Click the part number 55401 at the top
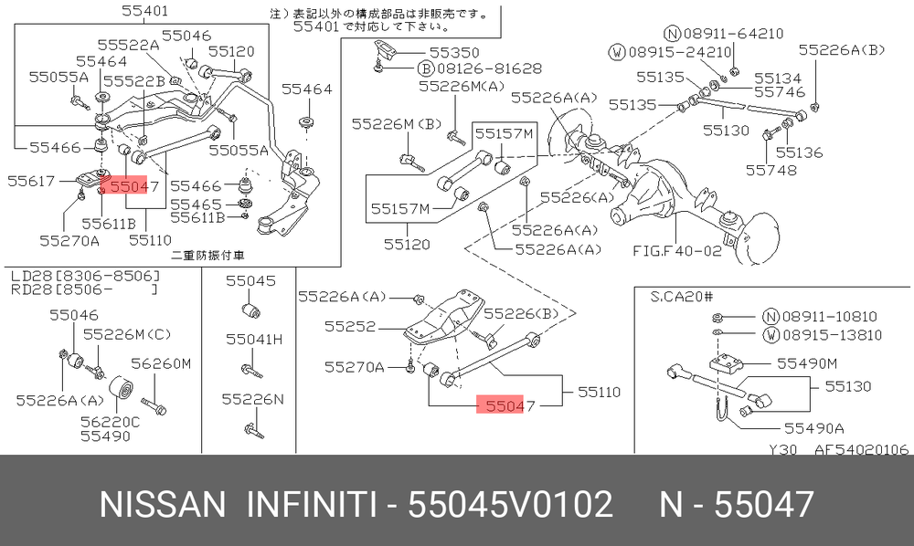pos(145,10)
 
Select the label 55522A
pos(128,45)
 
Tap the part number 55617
pos(31,181)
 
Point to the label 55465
pos(196,205)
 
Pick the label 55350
pos(454,52)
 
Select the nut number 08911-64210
pos(733,34)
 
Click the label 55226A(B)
pos(842,50)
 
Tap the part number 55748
pos(771,170)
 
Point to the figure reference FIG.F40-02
pos(676,251)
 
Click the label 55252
pos(350,326)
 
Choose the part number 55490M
pos(807,363)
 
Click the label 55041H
pos(253,340)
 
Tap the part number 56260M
pos(161,363)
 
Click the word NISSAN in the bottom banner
pos(163,504)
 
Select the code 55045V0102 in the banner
pos(511,504)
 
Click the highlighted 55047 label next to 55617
pos(134,186)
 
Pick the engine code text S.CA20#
pos(682,297)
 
